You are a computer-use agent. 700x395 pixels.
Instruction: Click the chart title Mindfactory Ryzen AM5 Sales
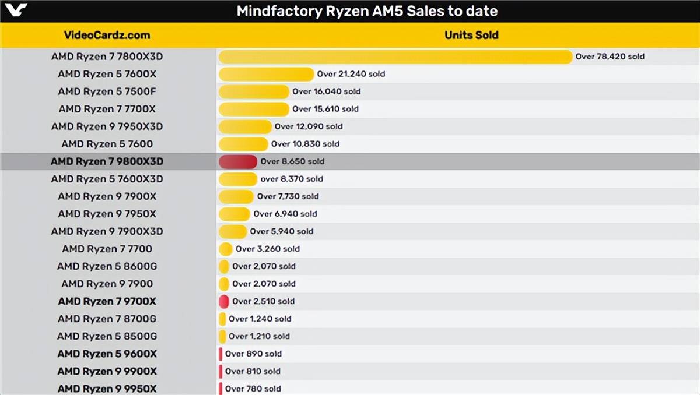click(367, 11)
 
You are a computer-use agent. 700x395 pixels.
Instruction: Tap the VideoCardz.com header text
click(107, 35)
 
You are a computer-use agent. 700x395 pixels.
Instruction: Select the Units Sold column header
click(471, 35)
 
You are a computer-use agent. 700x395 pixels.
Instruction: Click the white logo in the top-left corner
click(14, 10)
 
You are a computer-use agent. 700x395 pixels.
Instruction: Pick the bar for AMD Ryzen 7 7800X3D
click(395, 57)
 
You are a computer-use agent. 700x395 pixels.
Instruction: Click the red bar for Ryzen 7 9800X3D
click(237, 161)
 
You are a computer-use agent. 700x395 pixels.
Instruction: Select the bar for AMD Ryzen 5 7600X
click(266, 74)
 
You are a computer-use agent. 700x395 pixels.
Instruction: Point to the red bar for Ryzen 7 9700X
click(223, 301)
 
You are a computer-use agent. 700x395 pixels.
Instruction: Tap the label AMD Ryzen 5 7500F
click(107, 91)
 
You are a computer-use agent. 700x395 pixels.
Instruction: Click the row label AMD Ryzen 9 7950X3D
click(107, 126)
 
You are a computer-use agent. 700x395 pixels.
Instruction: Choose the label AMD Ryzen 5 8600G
click(107, 266)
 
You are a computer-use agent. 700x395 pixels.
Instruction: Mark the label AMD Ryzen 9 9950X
click(107, 389)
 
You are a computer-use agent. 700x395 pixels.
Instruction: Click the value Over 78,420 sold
click(610, 57)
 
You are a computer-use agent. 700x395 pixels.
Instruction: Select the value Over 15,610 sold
click(325, 109)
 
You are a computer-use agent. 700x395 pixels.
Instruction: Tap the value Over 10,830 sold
click(305, 144)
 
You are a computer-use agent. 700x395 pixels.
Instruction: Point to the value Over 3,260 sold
click(267, 249)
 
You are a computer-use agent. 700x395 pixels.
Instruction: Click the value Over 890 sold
click(253, 354)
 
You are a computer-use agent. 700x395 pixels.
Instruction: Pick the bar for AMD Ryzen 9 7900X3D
click(232, 231)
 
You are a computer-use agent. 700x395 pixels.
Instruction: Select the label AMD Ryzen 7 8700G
click(107, 319)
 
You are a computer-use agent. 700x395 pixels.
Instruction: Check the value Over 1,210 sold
click(259, 336)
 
